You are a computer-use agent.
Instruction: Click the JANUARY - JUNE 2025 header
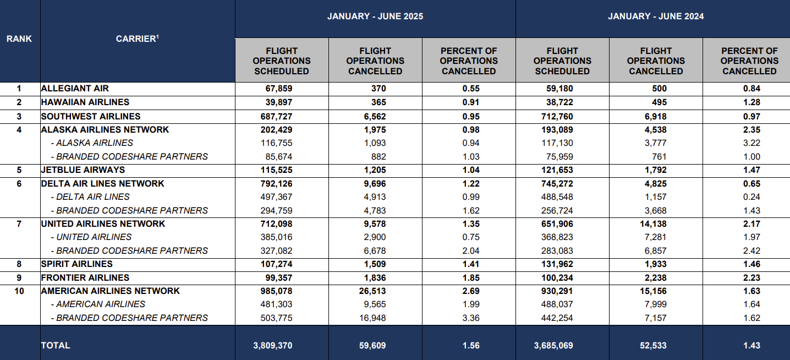click(x=375, y=16)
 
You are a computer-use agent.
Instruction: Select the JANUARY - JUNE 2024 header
click(x=656, y=16)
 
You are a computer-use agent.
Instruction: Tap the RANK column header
click(x=19, y=39)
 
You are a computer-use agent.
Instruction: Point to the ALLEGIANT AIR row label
click(x=75, y=88)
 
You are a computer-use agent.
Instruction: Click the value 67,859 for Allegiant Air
click(x=278, y=89)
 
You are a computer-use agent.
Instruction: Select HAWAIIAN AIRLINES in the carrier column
click(x=85, y=102)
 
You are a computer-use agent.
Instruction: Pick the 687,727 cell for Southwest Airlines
click(x=277, y=117)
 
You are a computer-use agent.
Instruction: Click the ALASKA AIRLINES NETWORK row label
click(x=105, y=129)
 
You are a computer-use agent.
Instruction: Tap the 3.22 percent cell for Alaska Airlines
click(x=751, y=143)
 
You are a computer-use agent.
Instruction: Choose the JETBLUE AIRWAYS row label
click(x=83, y=170)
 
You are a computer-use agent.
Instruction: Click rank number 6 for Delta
click(x=19, y=183)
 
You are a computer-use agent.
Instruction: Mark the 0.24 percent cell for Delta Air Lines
click(x=751, y=197)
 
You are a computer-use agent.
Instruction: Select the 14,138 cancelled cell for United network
click(x=653, y=224)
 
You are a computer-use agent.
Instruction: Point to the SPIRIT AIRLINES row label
click(x=76, y=264)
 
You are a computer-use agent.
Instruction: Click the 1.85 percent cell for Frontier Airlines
click(x=471, y=278)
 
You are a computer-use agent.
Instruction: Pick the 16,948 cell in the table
click(x=372, y=318)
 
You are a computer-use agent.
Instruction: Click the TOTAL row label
click(x=56, y=345)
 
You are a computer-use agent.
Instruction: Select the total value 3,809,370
click(x=273, y=346)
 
